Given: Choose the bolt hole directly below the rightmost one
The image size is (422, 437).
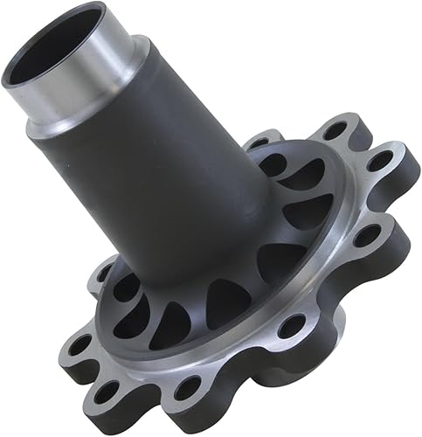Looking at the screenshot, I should (367, 234).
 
